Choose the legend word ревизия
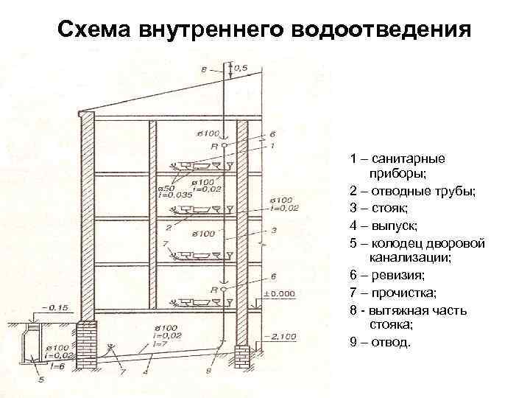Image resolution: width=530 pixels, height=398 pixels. tap(399, 275)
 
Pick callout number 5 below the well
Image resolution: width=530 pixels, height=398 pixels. tap(41, 380)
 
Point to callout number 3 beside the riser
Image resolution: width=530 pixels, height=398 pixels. tap(273, 230)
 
